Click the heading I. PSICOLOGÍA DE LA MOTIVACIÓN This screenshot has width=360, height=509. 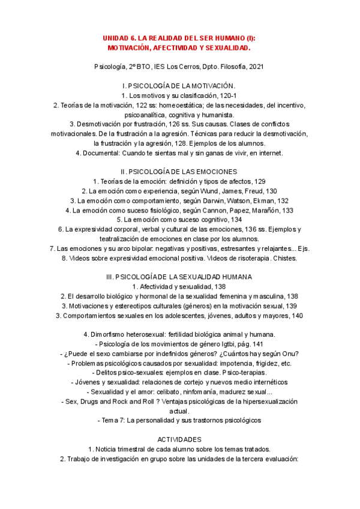(179, 86)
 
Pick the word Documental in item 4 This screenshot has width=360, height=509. (106, 153)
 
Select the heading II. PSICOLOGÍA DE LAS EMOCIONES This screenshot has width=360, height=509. (179, 172)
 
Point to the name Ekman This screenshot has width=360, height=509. (260, 200)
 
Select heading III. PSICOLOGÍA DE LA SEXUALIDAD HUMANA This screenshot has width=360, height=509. (179, 277)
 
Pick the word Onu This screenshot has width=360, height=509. (286, 354)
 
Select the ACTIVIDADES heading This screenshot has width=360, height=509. (179, 439)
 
